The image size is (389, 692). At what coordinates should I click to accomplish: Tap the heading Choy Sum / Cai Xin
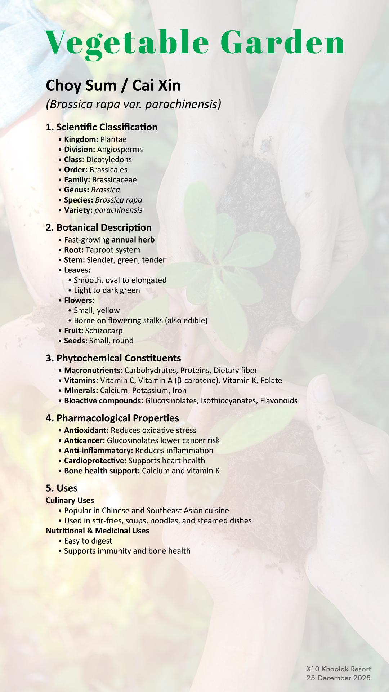pyautogui.click(x=113, y=85)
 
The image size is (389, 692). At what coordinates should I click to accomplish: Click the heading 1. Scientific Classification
pyautogui.click(x=102, y=127)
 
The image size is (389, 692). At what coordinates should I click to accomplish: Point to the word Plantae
pyautogui.click(x=113, y=139)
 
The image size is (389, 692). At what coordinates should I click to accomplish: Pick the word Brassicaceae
pyautogui.click(x=114, y=180)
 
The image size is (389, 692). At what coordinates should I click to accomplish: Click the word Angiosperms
pyautogui.click(x=120, y=150)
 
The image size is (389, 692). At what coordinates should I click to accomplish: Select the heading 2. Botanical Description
pyautogui.click(x=99, y=227)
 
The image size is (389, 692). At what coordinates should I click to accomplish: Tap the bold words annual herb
pyautogui.click(x=133, y=240)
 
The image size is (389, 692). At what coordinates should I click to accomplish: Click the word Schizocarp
pyautogui.click(x=104, y=331)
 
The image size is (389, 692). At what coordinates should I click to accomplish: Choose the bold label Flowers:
pyautogui.click(x=79, y=301)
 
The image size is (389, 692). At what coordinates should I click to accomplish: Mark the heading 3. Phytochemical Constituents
pyautogui.click(x=113, y=358)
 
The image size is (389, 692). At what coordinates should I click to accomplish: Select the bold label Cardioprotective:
pyautogui.click(x=95, y=461)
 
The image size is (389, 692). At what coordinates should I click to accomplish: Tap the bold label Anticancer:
pyautogui.click(x=84, y=440)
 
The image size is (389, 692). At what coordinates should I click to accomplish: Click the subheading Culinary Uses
pyautogui.click(x=70, y=501)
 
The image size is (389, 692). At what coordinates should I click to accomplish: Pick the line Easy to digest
pyautogui.click(x=88, y=541)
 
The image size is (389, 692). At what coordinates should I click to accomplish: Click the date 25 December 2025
pyautogui.click(x=338, y=678)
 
